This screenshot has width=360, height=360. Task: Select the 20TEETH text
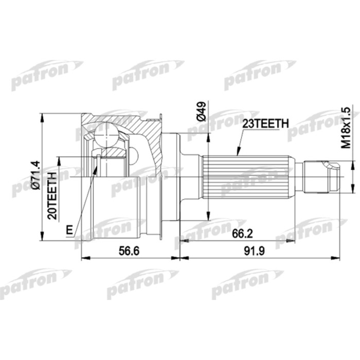[52, 199]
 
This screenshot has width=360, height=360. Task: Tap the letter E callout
[69, 230]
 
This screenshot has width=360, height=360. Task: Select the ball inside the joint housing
[107, 135]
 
